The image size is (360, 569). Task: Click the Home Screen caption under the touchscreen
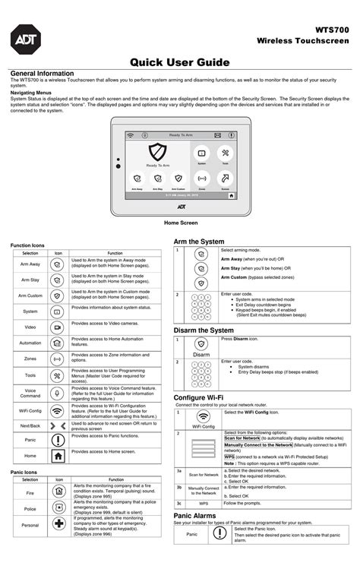tap(181, 223)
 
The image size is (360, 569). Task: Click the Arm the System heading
tap(199, 241)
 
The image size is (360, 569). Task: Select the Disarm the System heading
tap(204, 330)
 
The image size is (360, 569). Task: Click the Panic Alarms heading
tap(196, 515)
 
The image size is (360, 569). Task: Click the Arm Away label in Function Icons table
tap(30, 263)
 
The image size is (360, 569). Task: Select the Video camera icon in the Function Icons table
tap(58, 327)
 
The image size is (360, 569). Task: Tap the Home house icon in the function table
tap(58, 456)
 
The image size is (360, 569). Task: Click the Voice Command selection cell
tap(30, 393)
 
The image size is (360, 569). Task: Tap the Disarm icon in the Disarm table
tap(201, 344)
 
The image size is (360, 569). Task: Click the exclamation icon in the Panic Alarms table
tap(219, 533)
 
